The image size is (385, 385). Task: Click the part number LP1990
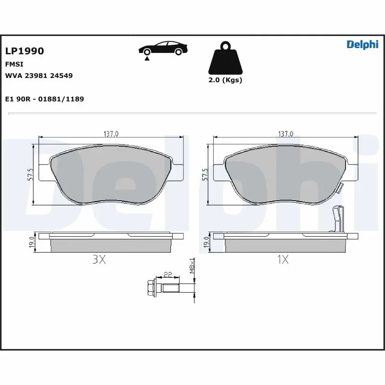pyautogui.click(x=25, y=51)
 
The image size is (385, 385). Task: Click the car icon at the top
pyautogui.click(x=163, y=49)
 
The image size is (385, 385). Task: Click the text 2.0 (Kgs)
pyautogui.click(x=225, y=80)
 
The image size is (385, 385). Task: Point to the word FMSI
pyautogui.click(x=14, y=64)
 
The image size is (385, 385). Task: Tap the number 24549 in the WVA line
pyautogui.click(x=63, y=76)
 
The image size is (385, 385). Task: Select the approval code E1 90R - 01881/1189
pyautogui.click(x=44, y=99)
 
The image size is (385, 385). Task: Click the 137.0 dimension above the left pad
pyautogui.click(x=111, y=134)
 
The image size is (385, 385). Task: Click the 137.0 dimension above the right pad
pyautogui.click(x=286, y=134)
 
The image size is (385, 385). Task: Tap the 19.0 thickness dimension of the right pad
pyautogui.click(x=206, y=242)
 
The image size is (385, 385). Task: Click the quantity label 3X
pyautogui.click(x=99, y=260)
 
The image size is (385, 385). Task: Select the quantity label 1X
pyautogui.click(x=282, y=260)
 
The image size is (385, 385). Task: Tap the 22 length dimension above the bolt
pyautogui.click(x=168, y=275)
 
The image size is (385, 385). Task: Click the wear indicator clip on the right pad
pyautogui.click(x=339, y=218)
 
